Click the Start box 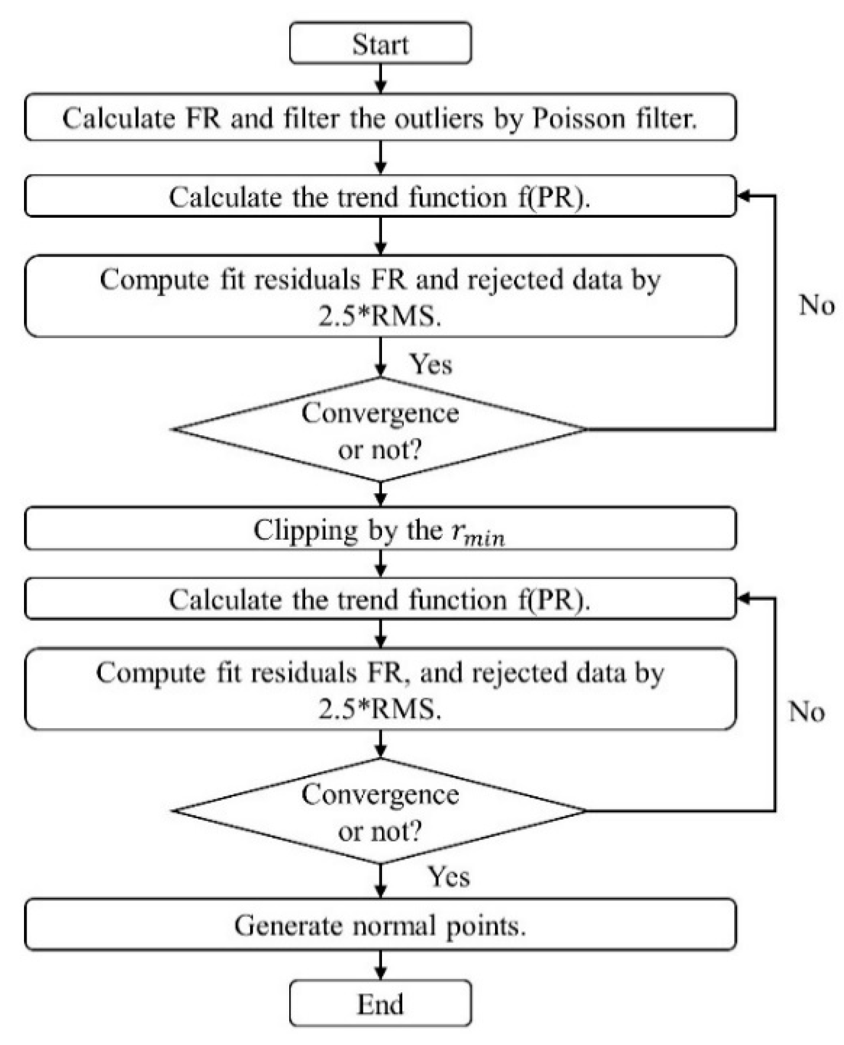tap(380, 43)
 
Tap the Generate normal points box tap(380, 926)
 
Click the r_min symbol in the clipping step tap(477, 533)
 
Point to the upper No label tap(816, 306)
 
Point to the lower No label tap(806, 712)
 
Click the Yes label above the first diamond tap(431, 364)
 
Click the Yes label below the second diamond tap(448, 876)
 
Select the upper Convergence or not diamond tap(380, 429)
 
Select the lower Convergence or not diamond tap(380, 811)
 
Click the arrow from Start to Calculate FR tap(380, 78)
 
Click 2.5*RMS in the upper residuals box tap(380, 317)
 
